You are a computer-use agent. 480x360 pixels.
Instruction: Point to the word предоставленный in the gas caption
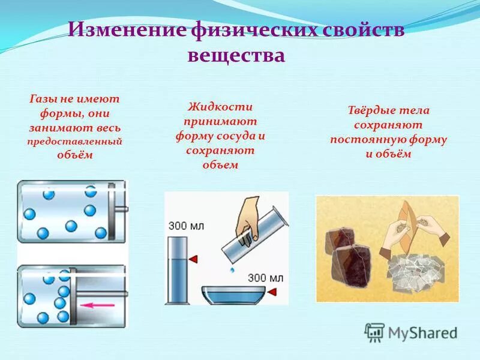coord(75,142)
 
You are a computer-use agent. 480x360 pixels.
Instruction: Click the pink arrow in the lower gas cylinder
coord(99,305)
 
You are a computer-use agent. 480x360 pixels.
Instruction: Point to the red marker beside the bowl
coord(272,292)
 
